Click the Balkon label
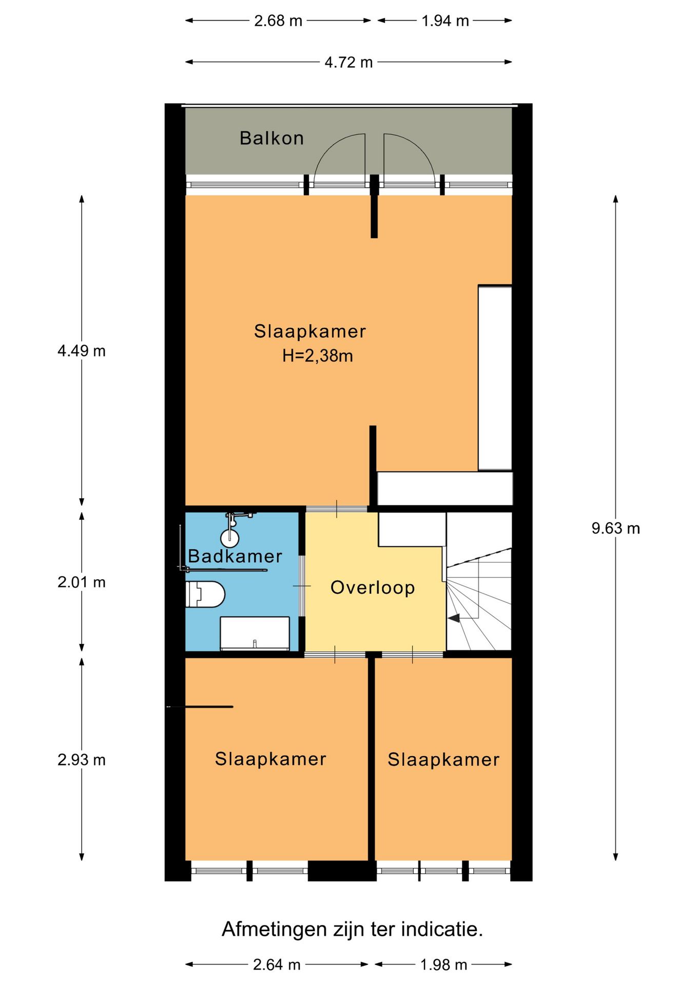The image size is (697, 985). [x=272, y=138]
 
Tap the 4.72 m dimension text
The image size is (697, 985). [x=348, y=62]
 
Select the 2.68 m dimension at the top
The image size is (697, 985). [x=278, y=21]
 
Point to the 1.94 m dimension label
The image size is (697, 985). [x=445, y=21]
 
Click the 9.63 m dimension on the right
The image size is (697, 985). [x=615, y=528]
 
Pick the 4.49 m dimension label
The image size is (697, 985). [x=82, y=351]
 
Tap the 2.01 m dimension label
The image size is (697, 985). [x=82, y=582]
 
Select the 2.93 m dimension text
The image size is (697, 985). [x=82, y=759]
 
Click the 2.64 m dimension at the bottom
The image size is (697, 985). [x=277, y=964]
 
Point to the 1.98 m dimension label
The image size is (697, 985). [x=444, y=964]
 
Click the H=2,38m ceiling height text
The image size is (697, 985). [x=317, y=356]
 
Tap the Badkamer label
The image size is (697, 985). [x=235, y=556]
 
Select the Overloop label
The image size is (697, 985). [x=373, y=587]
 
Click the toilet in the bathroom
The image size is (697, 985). [x=205, y=594]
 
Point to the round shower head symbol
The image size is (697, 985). [x=230, y=538]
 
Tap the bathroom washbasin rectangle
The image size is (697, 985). [x=255, y=633]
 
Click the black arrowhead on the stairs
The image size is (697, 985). [x=454, y=618]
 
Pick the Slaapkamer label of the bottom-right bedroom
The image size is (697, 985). [x=443, y=759]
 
